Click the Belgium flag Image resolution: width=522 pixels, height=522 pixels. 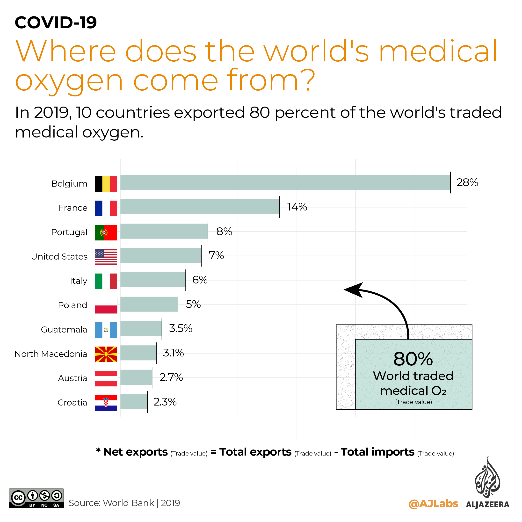tap(106, 184)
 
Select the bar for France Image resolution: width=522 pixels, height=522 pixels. tap(200, 207)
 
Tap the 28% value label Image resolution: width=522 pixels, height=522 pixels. tap(467, 183)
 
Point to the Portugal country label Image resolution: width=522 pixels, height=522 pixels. tap(69, 232)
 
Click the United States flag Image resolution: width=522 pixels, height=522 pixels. tap(106, 257)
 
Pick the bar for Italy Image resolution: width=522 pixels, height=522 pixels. tap(153, 280)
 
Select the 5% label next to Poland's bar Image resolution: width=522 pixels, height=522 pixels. tap(193, 304)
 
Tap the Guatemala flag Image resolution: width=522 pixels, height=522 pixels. tap(106, 330)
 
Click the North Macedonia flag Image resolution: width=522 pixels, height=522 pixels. tap(106, 354)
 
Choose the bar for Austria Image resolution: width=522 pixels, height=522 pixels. tap(136, 377)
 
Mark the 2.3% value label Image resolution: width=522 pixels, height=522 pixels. tap(165, 402)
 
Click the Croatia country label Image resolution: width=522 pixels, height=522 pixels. tap(72, 403)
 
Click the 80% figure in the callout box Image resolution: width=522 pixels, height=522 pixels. tap(413, 359)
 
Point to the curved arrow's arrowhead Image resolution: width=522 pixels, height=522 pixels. tap(354, 290)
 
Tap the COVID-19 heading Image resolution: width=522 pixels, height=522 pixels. tap(56, 22)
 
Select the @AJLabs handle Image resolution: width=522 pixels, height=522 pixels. tap(433, 504)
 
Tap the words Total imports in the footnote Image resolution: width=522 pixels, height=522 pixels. tap(377, 452)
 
